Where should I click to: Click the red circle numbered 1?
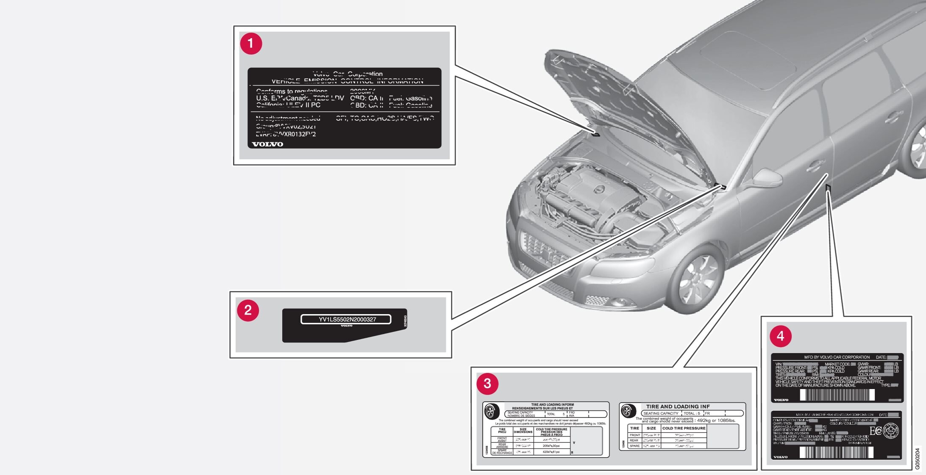[251, 44]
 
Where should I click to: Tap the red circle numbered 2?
[248, 310]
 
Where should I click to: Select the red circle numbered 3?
[487, 384]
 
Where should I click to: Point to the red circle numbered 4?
[781, 337]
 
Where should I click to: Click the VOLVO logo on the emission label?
[267, 144]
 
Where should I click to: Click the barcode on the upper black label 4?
[837, 395]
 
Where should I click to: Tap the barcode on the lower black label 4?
[836, 453]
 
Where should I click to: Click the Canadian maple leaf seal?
[890, 431]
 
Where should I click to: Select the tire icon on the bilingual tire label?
[490, 411]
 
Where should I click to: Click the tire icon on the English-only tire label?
[627, 411]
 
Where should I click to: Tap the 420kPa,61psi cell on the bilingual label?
[551, 452]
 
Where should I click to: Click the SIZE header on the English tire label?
[651, 428]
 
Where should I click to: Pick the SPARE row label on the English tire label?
[634, 446]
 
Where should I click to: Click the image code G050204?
[918, 458]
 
